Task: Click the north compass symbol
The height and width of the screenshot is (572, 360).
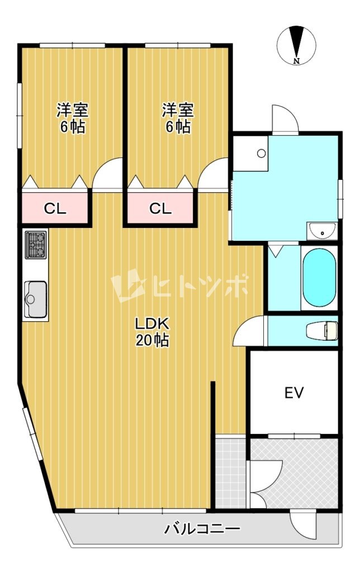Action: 296,45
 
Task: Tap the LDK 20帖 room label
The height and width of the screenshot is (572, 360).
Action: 152,332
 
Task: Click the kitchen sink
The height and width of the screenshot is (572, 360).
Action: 35,299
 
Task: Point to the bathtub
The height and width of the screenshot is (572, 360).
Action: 319,278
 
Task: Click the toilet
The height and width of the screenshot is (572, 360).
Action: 321,331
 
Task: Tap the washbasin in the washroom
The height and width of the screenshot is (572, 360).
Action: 321,231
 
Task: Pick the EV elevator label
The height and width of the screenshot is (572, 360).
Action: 294,393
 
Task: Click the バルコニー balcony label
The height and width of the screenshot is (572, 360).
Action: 202,528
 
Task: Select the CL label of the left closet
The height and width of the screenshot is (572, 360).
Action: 55,208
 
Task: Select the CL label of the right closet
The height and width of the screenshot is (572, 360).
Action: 160,208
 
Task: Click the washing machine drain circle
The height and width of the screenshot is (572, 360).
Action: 261,153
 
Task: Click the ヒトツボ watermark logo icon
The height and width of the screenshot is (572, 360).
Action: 128,285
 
